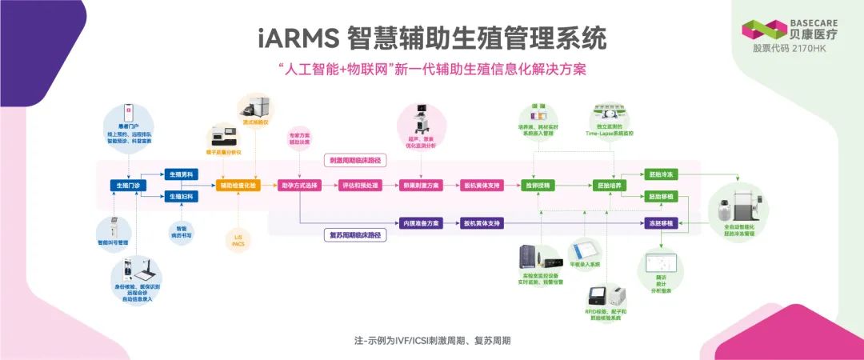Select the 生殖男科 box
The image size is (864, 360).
(182, 174)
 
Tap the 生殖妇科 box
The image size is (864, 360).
(182, 196)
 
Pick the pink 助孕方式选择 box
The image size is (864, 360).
(299, 186)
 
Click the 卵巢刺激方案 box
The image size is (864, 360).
(421, 186)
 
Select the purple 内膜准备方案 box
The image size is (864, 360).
(421, 222)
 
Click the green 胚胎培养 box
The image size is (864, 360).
(610, 186)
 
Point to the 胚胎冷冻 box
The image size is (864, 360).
(661, 174)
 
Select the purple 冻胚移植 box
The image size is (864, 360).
(661, 222)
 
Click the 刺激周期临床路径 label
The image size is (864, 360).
(355, 161)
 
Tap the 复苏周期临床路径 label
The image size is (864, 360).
(355, 235)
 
